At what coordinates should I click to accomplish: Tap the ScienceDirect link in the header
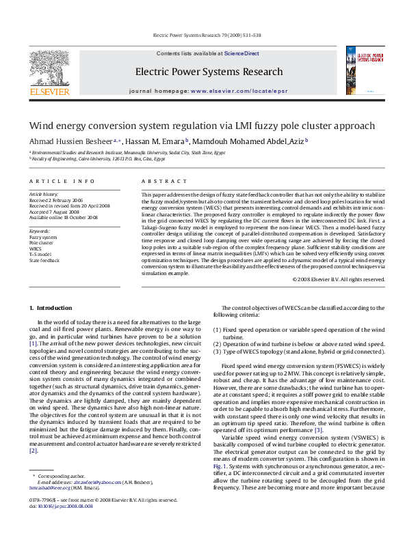point(241,53)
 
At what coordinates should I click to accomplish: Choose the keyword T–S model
point(40,255)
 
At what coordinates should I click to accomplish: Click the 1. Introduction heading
point(52,309)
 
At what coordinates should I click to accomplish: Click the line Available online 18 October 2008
point(63,217)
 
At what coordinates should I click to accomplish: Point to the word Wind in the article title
point(40,126)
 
